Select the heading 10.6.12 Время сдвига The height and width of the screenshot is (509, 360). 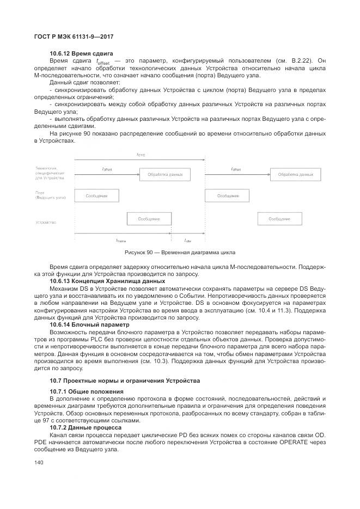(x=81, y=53)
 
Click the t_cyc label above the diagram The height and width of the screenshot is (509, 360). (x=141, y=155)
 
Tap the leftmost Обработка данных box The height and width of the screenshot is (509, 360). (x=165, y=174)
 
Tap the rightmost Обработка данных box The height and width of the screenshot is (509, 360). (x=296, y=174)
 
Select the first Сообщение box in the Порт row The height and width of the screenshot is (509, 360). (x=96, y=196)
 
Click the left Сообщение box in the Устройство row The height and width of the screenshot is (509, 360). (x=149, y=218)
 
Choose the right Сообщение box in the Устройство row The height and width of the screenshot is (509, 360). (x=279, y=218)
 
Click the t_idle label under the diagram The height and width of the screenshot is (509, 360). (x=187, y=240)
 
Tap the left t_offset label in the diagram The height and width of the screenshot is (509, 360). (x=106, y=169)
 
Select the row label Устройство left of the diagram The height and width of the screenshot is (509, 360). (x=46, y=223)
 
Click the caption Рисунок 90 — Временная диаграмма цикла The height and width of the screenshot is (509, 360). (x=180, y=253)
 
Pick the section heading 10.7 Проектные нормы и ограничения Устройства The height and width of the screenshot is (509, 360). (x=125, y=380)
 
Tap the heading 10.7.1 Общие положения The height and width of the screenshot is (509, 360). (x=86, y=391)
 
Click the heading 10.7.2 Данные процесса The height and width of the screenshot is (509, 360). (x=86, y=427)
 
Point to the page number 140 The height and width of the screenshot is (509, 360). (x=38, y=462)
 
